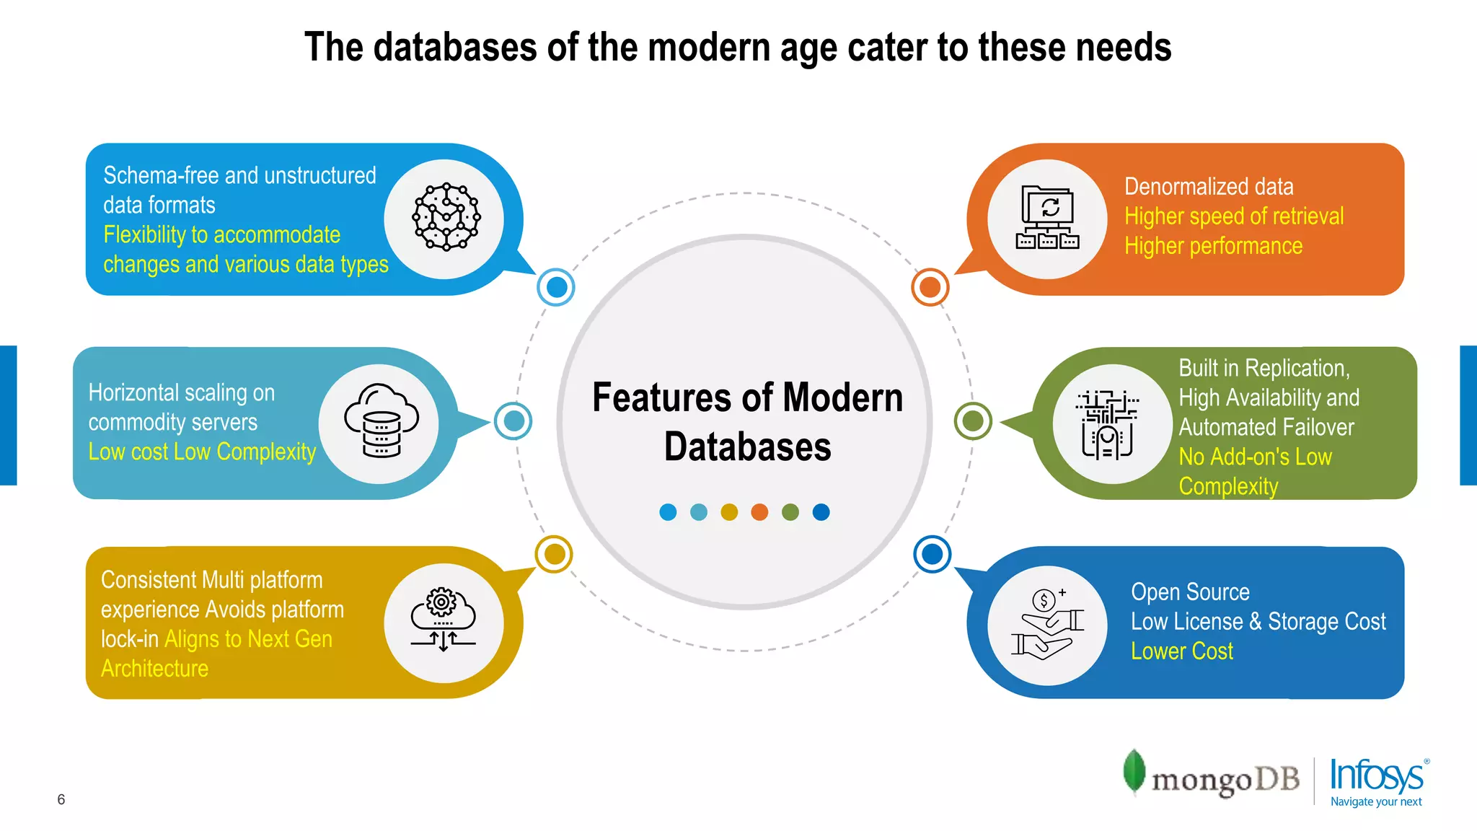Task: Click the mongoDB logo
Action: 1212,776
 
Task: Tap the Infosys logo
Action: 1376,776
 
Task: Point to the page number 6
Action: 61,799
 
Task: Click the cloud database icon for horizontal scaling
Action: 380,421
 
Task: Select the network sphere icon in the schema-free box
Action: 446,217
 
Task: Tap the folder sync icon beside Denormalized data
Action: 1048,217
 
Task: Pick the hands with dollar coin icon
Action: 1048,623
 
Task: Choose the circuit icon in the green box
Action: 1108,424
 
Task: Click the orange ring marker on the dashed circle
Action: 930,287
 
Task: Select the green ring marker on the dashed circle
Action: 973,421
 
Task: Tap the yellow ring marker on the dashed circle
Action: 554,554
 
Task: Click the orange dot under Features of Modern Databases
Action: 759,512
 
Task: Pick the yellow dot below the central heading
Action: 729,512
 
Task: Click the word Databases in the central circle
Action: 747,447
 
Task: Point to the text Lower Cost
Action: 1181,651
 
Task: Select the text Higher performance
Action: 1213,246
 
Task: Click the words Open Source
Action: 1190,592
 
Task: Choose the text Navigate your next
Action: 1375,801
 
